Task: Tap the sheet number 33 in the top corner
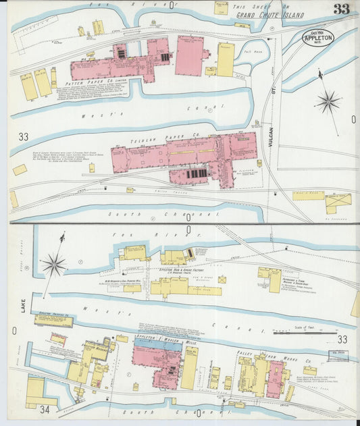click(x=341, y=9)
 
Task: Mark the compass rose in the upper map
click(x=328, y=102)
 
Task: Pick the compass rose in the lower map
click(x=54, y=264)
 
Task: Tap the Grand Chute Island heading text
click(x=260, y=14)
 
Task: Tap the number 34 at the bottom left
click(x=45, y=408)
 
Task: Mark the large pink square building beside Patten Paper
click(x=190, y=55)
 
